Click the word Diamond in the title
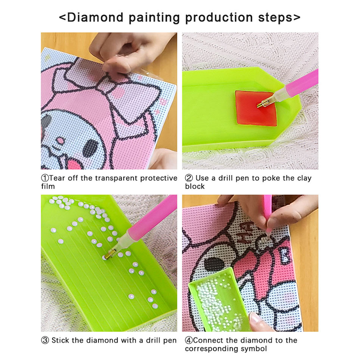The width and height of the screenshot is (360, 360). point(95,18)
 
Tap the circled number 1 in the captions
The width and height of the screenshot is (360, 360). point(45,178)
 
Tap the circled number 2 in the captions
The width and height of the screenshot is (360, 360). point(189,178)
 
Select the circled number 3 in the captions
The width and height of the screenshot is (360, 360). point(45,340)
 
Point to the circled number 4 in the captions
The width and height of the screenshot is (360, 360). point(189,340)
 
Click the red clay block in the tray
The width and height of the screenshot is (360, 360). point(255,108)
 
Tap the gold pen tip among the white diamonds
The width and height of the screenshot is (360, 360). point(108,254)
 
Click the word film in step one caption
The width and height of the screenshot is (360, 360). point(48,186)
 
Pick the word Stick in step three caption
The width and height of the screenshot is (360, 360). point(60,340)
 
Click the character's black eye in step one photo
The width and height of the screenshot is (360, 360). point(90,148)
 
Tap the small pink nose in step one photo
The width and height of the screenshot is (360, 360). point(61,140)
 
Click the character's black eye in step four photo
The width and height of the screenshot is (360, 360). point(214,264)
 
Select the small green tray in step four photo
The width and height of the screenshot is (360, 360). point(219,300)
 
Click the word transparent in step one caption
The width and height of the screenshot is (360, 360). point(117,178)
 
